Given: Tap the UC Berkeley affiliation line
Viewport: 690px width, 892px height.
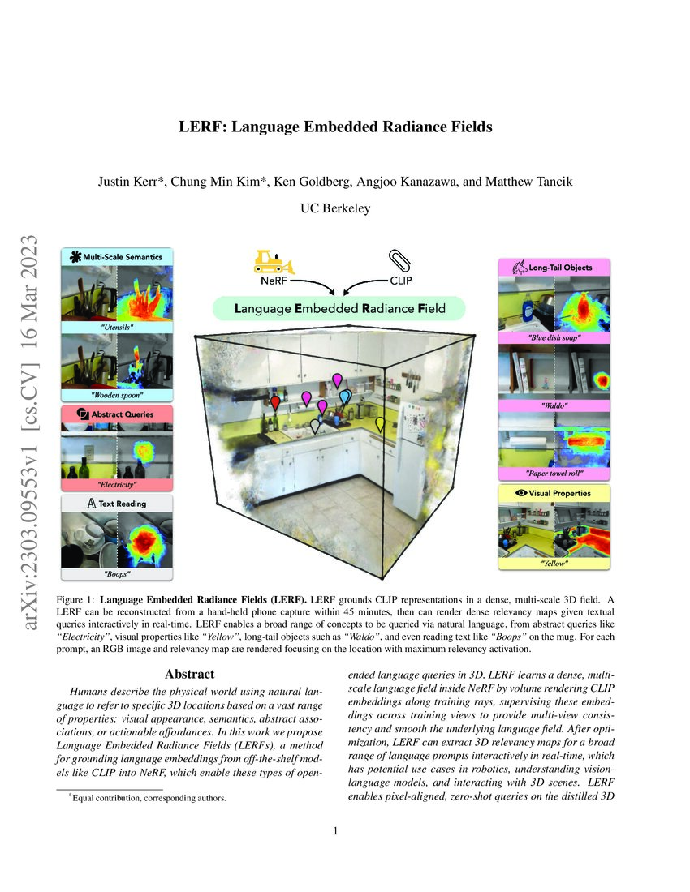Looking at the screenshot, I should (335, 208).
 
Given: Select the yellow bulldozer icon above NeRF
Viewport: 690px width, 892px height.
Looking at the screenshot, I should (272, 261).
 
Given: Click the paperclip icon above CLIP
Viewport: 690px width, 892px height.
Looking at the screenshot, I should (399, 261).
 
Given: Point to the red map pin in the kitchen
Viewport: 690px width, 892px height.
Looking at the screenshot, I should (276, 403).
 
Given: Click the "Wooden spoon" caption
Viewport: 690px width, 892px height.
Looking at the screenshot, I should (117, 396).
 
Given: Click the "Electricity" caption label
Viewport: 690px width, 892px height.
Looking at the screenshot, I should (117, 485).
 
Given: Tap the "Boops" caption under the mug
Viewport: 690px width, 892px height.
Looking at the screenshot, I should (117, 573).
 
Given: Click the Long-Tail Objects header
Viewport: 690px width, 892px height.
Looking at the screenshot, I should (554, 267).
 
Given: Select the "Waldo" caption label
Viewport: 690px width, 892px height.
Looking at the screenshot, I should (554, 404).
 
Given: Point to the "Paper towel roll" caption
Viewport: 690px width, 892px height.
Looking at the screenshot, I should (554, 474).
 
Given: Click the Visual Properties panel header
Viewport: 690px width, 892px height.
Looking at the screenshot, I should (554, 493).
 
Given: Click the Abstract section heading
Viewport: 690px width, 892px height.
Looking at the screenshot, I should (189, 674).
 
